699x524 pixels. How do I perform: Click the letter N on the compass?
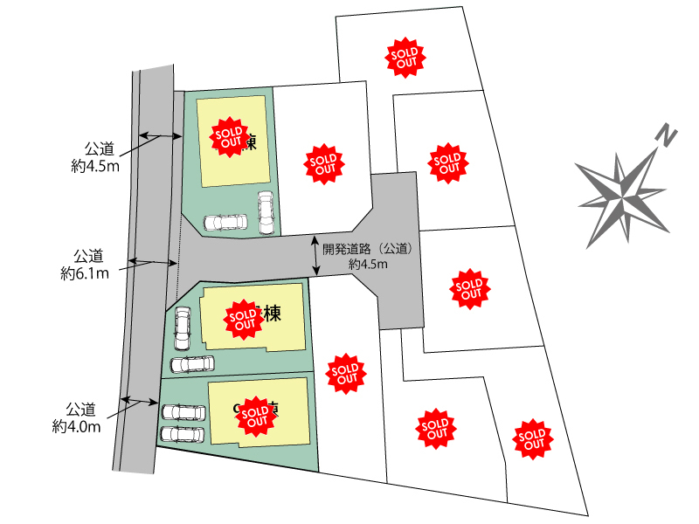(667, 136)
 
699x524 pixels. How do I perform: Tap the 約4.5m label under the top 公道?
(95, 165)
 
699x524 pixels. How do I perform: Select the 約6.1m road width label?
(85, 273)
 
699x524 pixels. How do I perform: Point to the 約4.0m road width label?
(76, 427)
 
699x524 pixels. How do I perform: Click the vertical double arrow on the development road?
(315, 254)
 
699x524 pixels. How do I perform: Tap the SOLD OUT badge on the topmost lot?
(406, 57)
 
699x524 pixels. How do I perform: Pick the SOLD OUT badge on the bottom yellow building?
(255, 415)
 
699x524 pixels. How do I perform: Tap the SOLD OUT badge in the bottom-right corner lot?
(530, 438)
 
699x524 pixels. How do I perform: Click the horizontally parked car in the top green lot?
(225, 222)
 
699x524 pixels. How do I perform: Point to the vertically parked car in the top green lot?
(266, 212)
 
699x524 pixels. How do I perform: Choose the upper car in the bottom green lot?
(183, 411)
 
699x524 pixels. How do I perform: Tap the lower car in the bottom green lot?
(182, 433)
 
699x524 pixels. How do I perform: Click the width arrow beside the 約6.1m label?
(149, 261)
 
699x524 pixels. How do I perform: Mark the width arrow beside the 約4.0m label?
(141, 402)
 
